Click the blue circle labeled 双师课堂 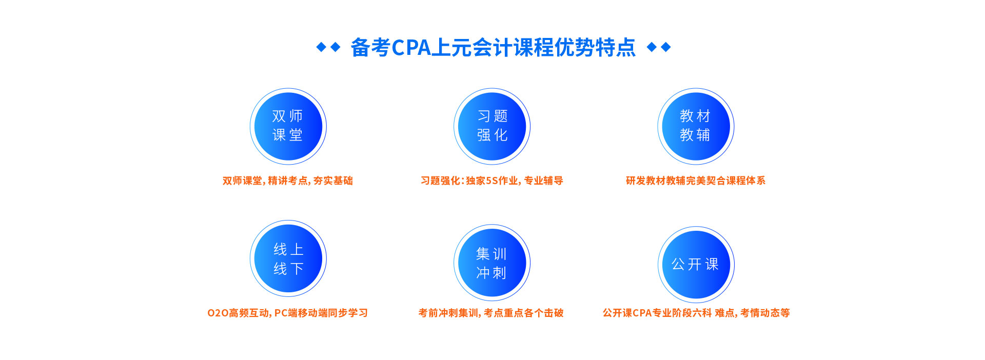[x=288, y=126]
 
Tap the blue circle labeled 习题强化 [x=492, y=126]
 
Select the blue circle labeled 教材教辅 [x=696, y=126]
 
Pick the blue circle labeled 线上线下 [x=288, y=258]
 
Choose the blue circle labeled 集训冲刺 [x=492, y=263]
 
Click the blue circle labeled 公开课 [x=696, y=264]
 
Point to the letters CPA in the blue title [x=411, y=48]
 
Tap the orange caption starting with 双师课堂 [x=288, y=181]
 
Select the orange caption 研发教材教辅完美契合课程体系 [x=696, y=181]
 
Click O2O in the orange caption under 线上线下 [x=218, y=313]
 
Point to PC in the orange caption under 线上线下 [x=281, y=313]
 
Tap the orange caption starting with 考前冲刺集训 [x=491, y=313]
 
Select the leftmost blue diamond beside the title [x=321, y=47]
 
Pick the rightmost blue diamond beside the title [x=666, y=47]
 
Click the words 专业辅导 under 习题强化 [x=543, y=181]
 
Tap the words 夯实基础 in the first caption [x=333, y=181]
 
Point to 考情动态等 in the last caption [x=765, y=313]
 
